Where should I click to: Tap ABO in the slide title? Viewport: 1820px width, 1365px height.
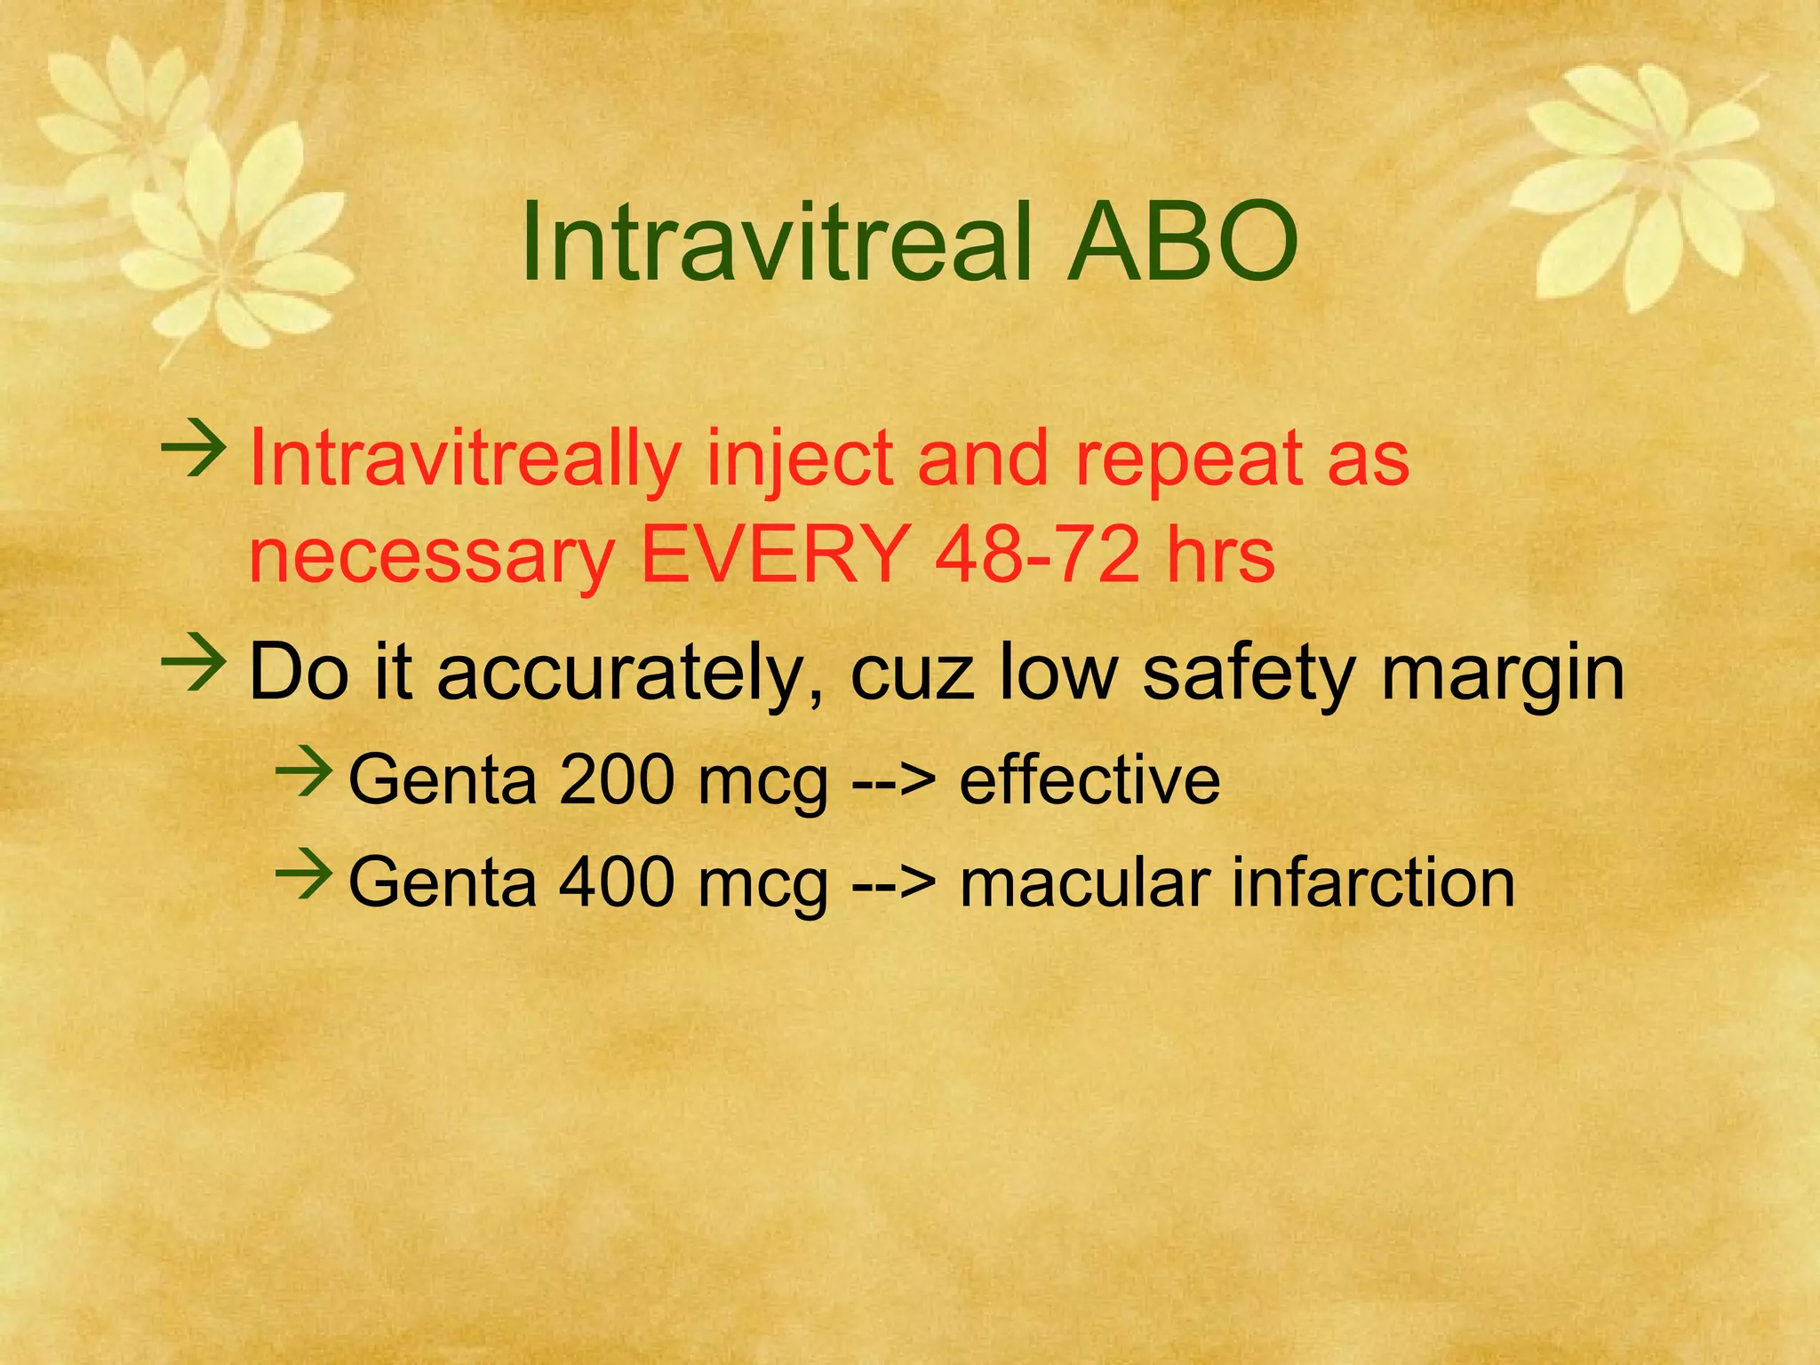pos(1182,242)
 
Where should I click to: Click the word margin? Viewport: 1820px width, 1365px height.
pos(1502,673)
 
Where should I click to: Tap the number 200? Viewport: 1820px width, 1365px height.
pos(616,779)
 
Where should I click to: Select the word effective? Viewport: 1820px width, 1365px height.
pos(1090,779)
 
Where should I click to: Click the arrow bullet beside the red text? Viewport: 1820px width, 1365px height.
pos(194,452)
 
